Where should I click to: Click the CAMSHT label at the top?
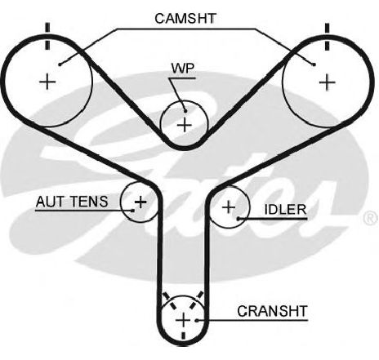click(185, 18)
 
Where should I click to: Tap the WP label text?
click(183, 68)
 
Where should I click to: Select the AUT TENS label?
click(72, 202)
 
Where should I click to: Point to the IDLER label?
click(285, 210)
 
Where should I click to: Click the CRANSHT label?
click(272, 311)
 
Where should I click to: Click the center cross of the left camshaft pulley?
click(47, 82)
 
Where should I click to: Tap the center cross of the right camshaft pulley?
click(327, 82)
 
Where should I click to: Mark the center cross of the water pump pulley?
click(185, 125)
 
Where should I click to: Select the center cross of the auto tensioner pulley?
click(140, 202)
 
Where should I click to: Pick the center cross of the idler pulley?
click(229, 207)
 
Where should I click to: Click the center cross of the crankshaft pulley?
click(183, 320)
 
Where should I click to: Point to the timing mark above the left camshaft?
click(47, 36)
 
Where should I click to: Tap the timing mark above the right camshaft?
click(327, 37)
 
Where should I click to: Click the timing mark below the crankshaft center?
click(184, 336)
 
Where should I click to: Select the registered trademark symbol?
click(371, 217)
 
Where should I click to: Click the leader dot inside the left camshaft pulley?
click(60, 64)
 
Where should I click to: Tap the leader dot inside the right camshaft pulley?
click(314, 64)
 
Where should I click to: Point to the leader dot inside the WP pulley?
click(185, 111)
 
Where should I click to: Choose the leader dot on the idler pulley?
click(239, 218)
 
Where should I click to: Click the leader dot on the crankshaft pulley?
click(197, 320)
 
